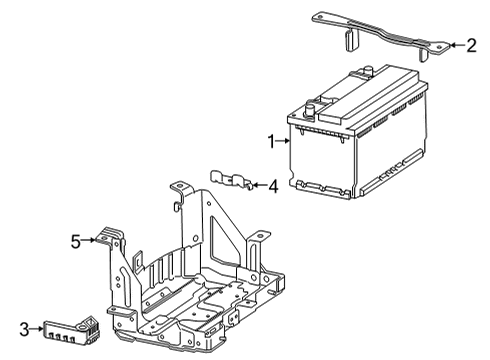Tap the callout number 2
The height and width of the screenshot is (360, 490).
(470, 45)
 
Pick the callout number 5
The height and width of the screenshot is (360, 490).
(74, 240)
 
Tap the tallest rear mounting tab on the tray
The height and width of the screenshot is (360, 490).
(181, 192)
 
